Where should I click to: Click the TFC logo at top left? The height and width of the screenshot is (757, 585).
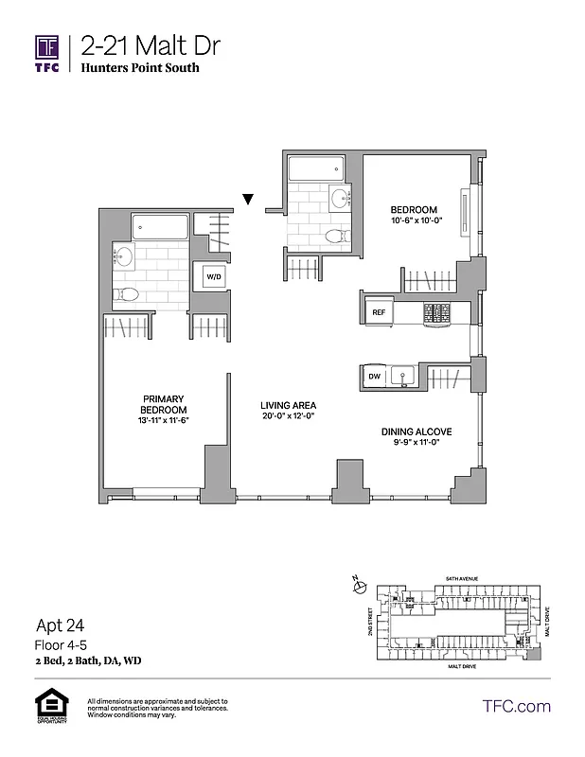tap(47, 54)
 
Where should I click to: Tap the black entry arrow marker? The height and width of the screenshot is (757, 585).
tap(248, 199)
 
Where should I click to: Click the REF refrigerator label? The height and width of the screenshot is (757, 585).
tap(379, 310)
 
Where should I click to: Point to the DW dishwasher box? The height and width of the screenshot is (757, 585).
tap(373, 377)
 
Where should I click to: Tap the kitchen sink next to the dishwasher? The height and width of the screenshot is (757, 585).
tap(404, 377)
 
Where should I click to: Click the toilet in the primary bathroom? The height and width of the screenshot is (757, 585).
tap(129, 294)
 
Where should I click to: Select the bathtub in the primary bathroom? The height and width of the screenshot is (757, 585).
tap(161, 226)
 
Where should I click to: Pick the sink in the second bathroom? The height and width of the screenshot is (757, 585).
tap(339, 198)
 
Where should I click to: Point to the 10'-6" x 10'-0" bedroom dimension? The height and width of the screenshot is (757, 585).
tap(415, 220)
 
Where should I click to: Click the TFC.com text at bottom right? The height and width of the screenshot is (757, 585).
tap(516, 706)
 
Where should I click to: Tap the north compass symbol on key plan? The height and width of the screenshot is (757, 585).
tap(358, 587)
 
